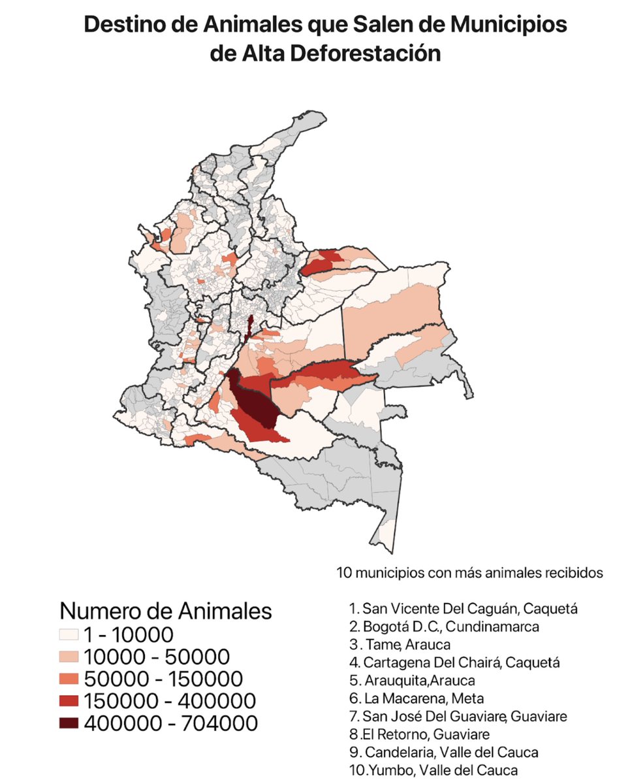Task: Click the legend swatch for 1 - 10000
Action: [x=69, y=634]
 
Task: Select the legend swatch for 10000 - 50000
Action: [x=69, y=657]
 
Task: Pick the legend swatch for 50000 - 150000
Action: [x=69, y=679]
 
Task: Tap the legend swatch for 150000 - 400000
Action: [x=69, y=701]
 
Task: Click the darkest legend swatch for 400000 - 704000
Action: [x=69, y=723]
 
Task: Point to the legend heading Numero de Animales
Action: [x=165, y=611]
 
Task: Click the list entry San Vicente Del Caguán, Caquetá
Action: [x=464, y=609]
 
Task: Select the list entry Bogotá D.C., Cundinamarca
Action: [x=445, y=627]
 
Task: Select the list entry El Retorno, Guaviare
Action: [x=419, y=734]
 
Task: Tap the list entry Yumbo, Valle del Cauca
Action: [x=434, y=770]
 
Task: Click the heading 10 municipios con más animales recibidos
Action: [x=469, y=573]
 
